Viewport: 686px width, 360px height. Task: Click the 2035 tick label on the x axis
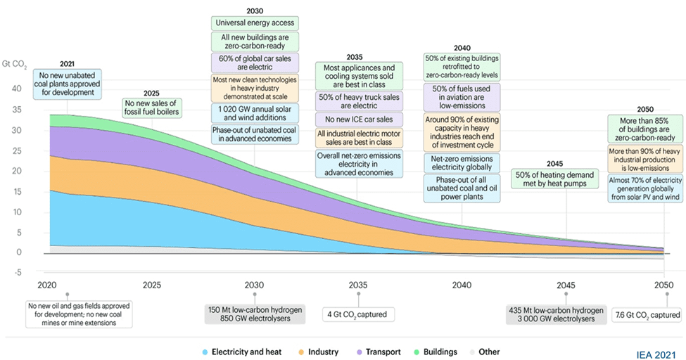click(x=358, y=285)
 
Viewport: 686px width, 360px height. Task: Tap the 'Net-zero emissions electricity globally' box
click(x=462, y=162)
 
